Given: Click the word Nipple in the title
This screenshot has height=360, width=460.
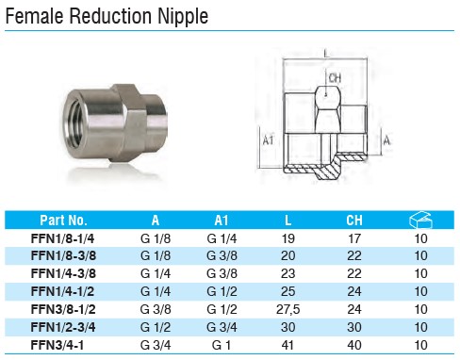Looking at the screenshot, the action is coord(183,16).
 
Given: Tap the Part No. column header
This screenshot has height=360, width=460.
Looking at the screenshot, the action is coord(63,221).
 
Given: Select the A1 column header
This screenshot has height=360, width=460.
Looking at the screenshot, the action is coord(222,221).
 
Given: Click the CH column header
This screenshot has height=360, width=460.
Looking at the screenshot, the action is coord(354,221).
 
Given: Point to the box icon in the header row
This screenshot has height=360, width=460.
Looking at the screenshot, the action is coord(420,220).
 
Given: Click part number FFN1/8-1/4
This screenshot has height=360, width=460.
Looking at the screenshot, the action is coord(62,238).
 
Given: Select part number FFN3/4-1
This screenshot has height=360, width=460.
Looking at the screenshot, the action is coord(57,345).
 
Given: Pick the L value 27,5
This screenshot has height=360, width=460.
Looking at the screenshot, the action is coord(287,309).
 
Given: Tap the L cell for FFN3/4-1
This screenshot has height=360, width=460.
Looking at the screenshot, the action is coord(287,345).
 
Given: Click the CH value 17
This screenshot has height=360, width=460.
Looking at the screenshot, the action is coord(354,238).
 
